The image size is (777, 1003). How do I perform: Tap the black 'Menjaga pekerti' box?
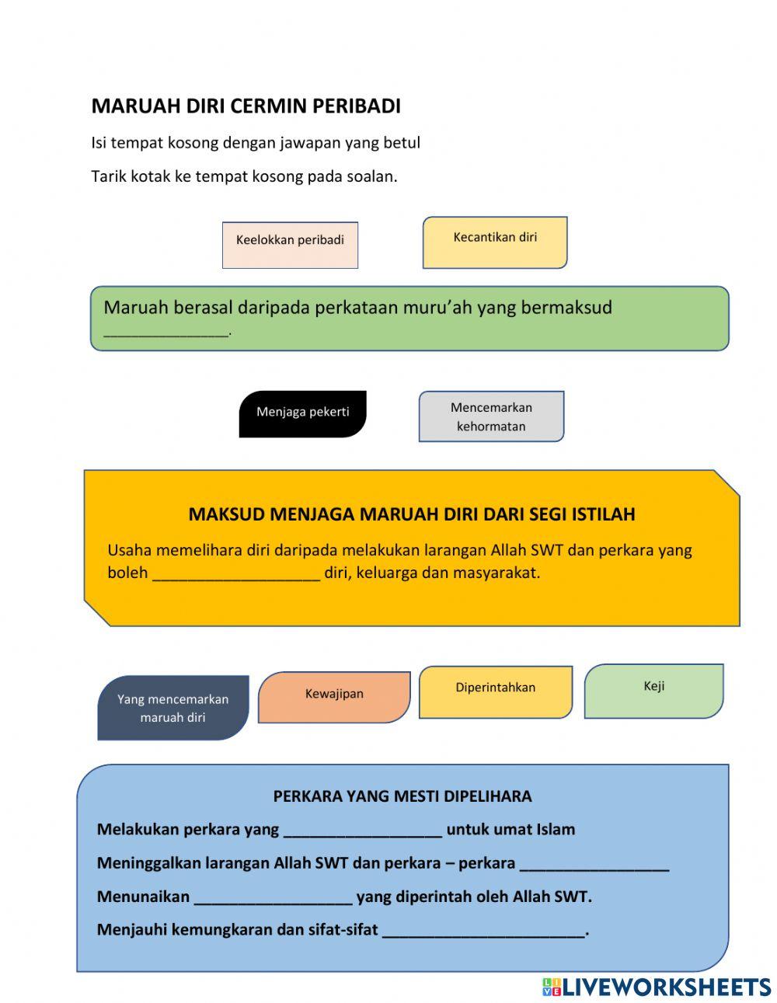302,413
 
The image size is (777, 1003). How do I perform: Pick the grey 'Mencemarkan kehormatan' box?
491,416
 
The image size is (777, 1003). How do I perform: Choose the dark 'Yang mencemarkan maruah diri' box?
172,708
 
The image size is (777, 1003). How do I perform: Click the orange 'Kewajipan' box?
334,697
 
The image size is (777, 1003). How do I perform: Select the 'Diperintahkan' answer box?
495,691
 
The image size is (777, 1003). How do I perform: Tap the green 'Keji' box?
653,691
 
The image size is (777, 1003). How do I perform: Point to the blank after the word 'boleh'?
236,574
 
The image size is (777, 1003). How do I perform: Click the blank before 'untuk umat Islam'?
362,831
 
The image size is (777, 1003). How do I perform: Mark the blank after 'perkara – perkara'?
594,864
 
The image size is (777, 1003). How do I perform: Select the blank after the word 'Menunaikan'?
273,897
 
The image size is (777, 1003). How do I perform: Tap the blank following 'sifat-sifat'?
483,931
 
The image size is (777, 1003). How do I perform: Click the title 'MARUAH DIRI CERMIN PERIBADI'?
246,106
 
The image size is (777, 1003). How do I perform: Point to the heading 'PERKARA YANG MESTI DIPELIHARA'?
402,796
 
